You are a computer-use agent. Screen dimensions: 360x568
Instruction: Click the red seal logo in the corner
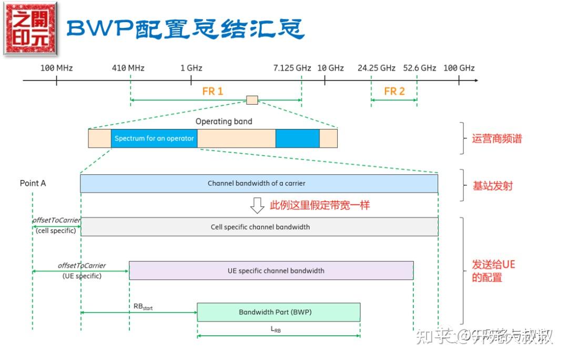(31, 29)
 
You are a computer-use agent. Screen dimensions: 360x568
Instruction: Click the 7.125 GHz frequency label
(292, 68)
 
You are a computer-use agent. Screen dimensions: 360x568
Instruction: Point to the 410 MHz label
(128, 68)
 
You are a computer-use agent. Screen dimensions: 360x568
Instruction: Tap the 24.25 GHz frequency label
(376, 68)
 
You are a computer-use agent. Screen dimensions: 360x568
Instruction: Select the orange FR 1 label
(212, 91)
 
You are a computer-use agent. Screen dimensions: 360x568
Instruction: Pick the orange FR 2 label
(394, 91)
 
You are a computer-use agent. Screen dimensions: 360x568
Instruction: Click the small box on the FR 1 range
(252, 100)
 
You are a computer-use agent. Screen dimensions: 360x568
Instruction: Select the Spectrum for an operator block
(154, 138)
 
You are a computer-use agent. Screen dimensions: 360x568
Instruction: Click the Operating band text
(224, 122)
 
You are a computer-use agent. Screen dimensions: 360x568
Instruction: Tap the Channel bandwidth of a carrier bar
(259, 183)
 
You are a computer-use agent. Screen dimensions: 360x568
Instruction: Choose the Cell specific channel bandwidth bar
(260, 227)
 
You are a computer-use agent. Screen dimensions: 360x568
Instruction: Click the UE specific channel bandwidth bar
(271, 271)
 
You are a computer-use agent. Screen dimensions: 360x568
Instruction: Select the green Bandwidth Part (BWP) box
(278, 312)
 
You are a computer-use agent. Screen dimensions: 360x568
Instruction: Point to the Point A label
(33, 183)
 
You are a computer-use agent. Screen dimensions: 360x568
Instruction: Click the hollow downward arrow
(257, 205)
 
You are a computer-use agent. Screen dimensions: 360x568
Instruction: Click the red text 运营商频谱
(496, 139)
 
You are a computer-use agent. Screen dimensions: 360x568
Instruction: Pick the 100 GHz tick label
(459, 68)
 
